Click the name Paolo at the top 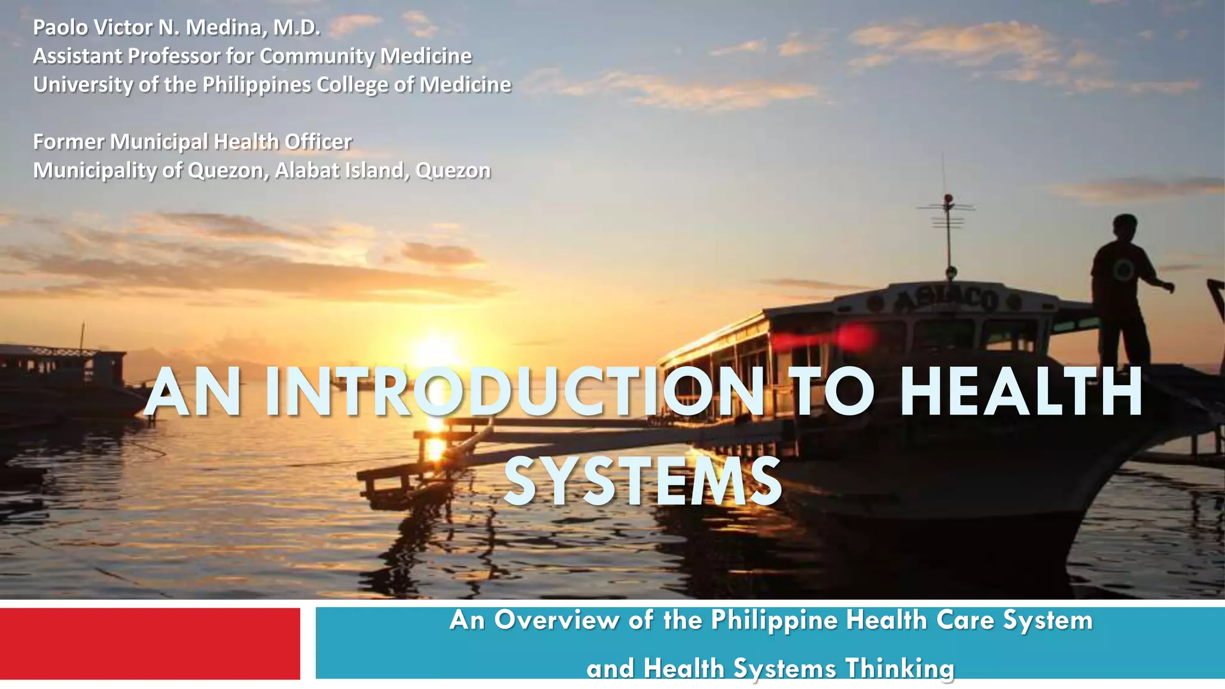[60, 28]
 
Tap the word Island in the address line [380, 170]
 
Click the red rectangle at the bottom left [150, 644]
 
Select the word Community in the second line [317, 56]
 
